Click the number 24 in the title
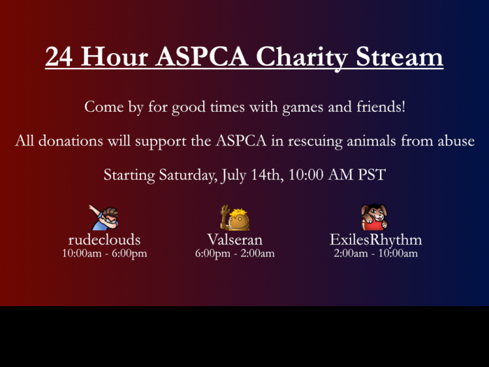coord(59,57)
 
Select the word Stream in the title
coord(399,57)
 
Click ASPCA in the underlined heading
coord(202,57)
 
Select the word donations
coord(71,141)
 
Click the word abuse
coord(456,141)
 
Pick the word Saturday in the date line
coord(188,175)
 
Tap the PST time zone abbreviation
coord(372,175)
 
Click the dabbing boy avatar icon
coord(103,217)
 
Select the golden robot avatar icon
coord(235,218)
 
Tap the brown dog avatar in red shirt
coord(374,217)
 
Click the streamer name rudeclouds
coord(105,240)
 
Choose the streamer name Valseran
coord(235,240)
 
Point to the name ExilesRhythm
coord(376,240)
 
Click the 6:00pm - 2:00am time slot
coord(235,253)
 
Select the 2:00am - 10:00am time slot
coord(376,253)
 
